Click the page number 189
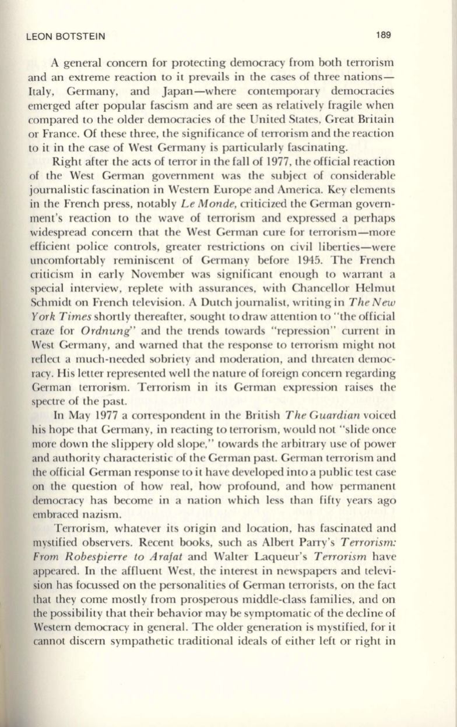click(383, 35)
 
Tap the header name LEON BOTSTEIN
click(66, 37)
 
